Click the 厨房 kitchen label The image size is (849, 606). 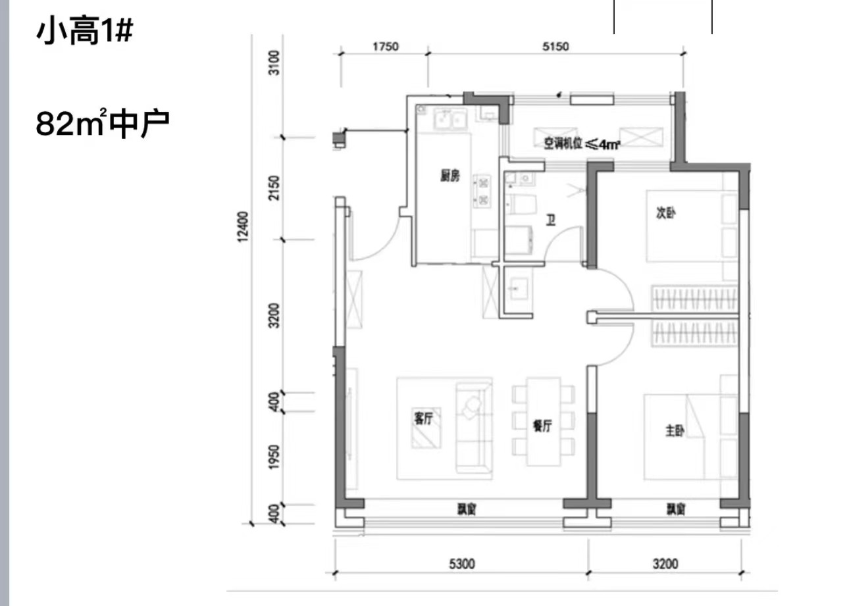(450, 176)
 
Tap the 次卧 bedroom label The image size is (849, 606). (666, 213)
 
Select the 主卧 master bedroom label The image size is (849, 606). (675, 430)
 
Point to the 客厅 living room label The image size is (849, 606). (423, 418)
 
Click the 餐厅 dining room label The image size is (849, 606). (542, 426)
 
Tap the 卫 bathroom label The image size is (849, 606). (551, 220)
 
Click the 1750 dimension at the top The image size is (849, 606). (386, 47)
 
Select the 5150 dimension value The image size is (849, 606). (555, 47)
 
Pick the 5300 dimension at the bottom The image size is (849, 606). (462, 565)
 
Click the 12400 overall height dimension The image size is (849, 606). (244, 226)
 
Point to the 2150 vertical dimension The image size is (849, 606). (274, 188)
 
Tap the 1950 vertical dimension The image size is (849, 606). (274, 457)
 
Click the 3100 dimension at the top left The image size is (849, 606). (274, 63)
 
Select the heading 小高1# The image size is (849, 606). (85, 31)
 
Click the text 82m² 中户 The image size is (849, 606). (102, 123)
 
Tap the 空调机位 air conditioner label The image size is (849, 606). (582, 143)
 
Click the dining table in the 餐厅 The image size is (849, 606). (544, 421)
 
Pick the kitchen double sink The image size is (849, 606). (450, 118)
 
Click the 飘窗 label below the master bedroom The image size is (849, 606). (676, 509)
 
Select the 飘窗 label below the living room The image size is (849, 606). (467, 509)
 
